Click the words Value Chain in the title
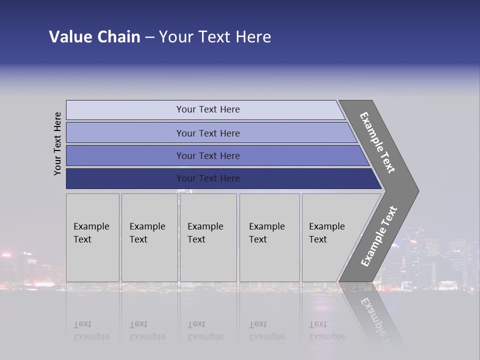click(94, 37)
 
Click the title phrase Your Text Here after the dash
click(215, 37)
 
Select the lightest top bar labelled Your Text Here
click(208, 109)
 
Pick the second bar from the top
click(208, 133)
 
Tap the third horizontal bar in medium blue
click(208, 155)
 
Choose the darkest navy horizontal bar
click(208, 178)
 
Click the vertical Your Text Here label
click(57, 143)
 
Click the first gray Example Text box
click(92, 238)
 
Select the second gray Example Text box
click(149, 238)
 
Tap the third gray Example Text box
click(208, 238)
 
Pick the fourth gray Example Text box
click(269, 238)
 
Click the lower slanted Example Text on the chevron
click(379, 236)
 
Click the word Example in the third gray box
click(205, 226)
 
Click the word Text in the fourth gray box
click(258, 239)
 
